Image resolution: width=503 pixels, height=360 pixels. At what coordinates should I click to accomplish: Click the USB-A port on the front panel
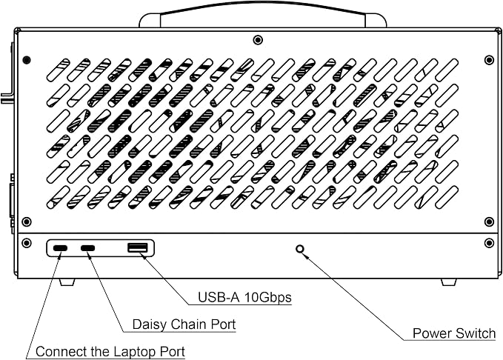[138, 247]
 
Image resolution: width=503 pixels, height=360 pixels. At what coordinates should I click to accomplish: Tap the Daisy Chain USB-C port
[87, 248]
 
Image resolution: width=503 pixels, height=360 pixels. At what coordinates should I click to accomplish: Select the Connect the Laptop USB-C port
[60, 248]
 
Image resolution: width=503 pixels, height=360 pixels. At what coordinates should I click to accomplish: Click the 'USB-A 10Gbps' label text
[244, 298]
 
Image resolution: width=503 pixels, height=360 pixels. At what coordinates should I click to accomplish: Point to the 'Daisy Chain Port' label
[184, 324]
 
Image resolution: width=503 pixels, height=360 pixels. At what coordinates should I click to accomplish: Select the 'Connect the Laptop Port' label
[110, 352]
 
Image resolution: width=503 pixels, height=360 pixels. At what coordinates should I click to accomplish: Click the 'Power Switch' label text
[454, 333]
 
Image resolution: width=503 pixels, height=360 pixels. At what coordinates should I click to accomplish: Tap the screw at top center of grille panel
[258, 40]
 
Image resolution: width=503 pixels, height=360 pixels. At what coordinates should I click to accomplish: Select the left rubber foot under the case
[67, 281]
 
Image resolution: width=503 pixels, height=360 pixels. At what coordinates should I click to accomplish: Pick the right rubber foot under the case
[449, 281]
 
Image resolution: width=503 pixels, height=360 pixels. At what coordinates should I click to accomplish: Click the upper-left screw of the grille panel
[27, 60]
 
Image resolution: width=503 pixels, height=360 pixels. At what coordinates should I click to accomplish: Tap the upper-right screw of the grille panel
[489, 60]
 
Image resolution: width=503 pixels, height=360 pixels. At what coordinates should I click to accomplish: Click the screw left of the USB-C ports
[27, 243]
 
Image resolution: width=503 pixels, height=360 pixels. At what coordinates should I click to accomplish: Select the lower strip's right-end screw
[489, 243]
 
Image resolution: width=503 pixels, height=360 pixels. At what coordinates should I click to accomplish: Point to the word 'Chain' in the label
[189, 324]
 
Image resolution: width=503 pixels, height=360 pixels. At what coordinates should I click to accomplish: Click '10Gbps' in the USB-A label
[268, 298]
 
